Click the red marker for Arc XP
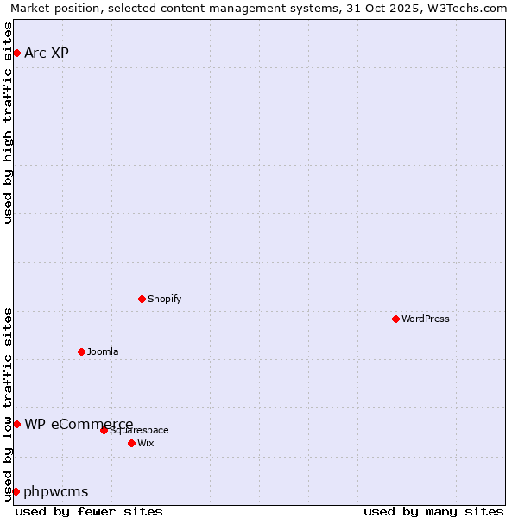[x=16, y=54]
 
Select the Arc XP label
[x=47, y=54]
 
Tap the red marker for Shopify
[x=142, y=299]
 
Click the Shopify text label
[x=164, y=299]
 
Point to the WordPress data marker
[x=395, y=319]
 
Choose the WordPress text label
[x=425, y=319]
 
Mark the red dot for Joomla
[x=81, y=351]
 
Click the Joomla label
[x=103, y=351]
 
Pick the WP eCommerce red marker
[x=16, y=424]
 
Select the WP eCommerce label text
[x=79, y=424]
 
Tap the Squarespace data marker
[x=104, y=430]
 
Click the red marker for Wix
[x=131, y=443]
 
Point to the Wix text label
[x=146, y=443]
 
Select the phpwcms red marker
[x=16, y=491]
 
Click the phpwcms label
[x=56, y=492]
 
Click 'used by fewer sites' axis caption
[x=89, y=511]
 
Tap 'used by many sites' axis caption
[x=433, y=511]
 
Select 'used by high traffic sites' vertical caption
[x=9, y=123]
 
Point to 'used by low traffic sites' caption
[x=9, y=403]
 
